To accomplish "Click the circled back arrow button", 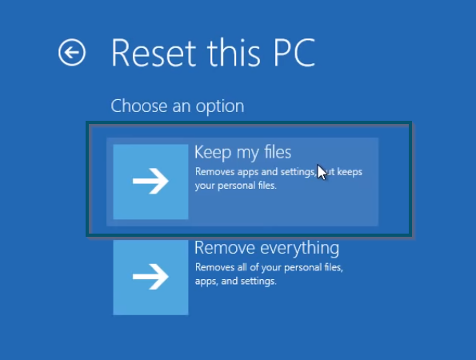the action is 72,52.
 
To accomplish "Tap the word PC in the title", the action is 294,52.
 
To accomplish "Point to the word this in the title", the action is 234,52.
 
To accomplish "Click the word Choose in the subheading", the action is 139,106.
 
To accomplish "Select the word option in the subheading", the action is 220,107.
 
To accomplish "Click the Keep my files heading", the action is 243,152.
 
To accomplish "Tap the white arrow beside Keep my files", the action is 150,182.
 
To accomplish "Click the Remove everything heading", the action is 267,248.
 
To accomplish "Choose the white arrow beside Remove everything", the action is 150,277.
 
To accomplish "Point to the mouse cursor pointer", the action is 322,172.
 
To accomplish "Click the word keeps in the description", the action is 350,172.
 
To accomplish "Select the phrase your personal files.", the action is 235,186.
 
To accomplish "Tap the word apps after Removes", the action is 248,173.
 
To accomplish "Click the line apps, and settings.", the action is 235,281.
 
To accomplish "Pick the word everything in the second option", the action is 300,248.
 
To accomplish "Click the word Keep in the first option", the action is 213,152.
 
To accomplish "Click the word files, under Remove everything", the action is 331,267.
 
